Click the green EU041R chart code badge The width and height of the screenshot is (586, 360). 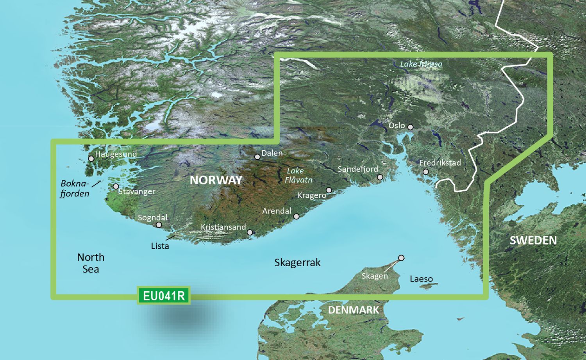click(164, 296)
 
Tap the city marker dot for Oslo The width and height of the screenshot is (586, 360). click(410, 127)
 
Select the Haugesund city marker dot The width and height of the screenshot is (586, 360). click(91, 159)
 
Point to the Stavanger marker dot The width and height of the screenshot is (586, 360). click(116, 187)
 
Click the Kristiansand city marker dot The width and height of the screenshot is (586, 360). click(250, 232)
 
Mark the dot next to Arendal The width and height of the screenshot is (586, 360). click(297, 216)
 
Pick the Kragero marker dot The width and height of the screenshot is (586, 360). click(329, 190)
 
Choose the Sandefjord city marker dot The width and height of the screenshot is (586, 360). click(380, 177)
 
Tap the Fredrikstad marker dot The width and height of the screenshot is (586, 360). click(426, 172)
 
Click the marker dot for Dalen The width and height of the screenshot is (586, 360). click(257, 157)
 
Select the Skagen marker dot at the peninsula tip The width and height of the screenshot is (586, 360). click(401, 258)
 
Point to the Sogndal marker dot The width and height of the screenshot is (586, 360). click(159, 225)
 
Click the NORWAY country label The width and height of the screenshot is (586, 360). click(216, 180)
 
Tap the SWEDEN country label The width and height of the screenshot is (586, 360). click(533, 240)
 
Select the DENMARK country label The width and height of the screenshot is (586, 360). click(353, 310)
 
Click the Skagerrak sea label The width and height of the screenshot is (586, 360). click(297, 262)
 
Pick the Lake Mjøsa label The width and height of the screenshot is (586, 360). click(421, 64)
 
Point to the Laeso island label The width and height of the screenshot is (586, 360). click(421, 279)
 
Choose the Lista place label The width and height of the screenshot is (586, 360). click(160, 246)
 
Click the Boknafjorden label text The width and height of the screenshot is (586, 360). click(75, 188)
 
